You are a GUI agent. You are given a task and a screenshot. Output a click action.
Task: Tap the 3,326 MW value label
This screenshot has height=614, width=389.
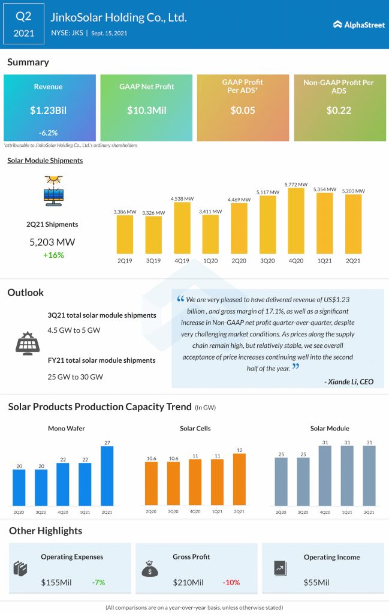(153, 212)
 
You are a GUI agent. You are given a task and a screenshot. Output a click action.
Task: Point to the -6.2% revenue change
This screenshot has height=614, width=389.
(49, 133)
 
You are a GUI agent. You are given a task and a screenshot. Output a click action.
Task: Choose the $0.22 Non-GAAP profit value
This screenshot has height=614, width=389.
(339, 110)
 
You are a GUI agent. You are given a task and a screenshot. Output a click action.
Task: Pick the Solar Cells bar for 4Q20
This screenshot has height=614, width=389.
(195, 482)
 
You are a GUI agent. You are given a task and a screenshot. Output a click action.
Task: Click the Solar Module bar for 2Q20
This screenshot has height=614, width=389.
(281, 481)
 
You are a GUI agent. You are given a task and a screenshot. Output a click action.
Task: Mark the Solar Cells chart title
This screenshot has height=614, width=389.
(195, 429)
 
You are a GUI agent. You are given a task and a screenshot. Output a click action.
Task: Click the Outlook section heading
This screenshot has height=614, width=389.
(25, 293)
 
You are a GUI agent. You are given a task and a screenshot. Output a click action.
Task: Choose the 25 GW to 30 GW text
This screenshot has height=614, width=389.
(75, 377)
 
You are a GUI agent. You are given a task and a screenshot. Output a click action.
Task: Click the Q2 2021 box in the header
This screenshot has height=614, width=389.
(23, 25)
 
